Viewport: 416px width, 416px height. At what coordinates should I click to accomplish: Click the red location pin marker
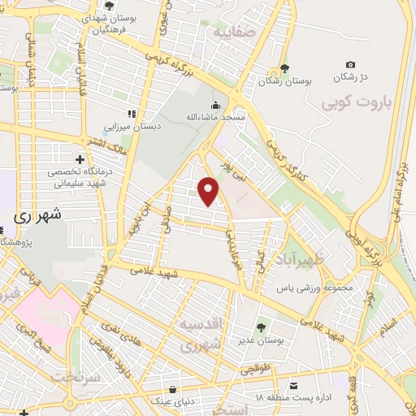[210, 192]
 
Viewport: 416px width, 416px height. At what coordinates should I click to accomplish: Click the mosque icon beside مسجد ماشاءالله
[214, 105]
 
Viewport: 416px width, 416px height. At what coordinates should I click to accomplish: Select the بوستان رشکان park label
[284, 81]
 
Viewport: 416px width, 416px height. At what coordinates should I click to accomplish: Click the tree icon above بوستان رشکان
[284, 68]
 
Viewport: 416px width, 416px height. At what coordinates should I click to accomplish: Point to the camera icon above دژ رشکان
[350, 65]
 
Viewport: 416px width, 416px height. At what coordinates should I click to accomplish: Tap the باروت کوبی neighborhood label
[357, 104]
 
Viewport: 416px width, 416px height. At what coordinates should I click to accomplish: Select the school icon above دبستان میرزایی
[132, 114]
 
